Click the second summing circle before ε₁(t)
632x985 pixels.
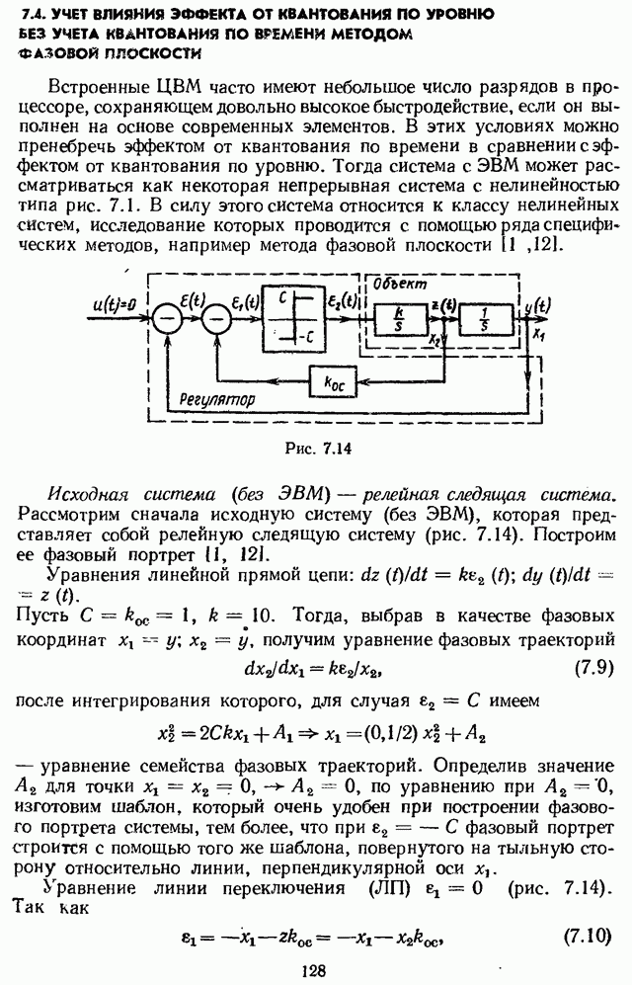point(217,318)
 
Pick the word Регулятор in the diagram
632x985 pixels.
point(210,401)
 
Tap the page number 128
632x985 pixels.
point(314,971)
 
